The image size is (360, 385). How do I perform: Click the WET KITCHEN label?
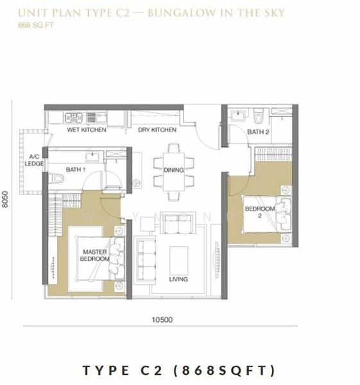point(87,130)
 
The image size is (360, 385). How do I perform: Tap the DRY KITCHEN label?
point(157,130)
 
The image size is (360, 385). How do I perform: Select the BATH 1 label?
point(76,169)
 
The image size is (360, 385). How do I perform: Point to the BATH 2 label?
point(258,132)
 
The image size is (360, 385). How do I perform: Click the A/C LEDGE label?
point(34,160)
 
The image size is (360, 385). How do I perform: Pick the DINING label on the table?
point(174,170)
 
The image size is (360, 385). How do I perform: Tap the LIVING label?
point(178,279)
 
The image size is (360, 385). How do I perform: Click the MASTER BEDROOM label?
point(95,255)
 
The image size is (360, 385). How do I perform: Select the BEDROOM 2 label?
point(260,212)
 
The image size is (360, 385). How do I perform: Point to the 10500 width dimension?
point(162,320)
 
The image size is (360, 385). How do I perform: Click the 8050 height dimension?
point(5,200)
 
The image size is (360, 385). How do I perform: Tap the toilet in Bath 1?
point(56,178)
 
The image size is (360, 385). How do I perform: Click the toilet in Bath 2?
point(259,116)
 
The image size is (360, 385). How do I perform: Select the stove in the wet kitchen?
point(73,118)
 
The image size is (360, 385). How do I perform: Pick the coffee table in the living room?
point(179,261)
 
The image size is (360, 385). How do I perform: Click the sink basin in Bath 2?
point(238,115)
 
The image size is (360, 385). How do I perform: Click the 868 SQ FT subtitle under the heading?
point(36,25)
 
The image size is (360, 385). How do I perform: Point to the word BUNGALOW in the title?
point(182,13)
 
